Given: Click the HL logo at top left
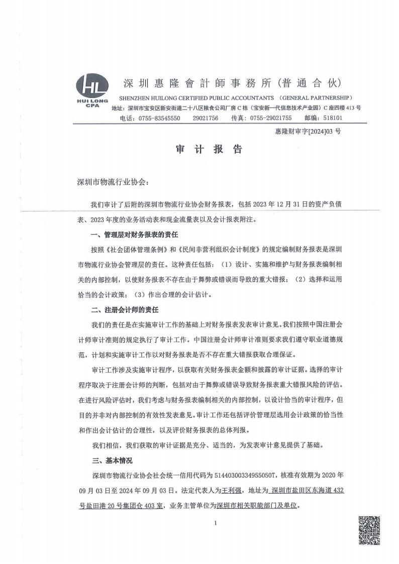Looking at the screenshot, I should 93,91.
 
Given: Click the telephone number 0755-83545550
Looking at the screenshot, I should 158,118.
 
